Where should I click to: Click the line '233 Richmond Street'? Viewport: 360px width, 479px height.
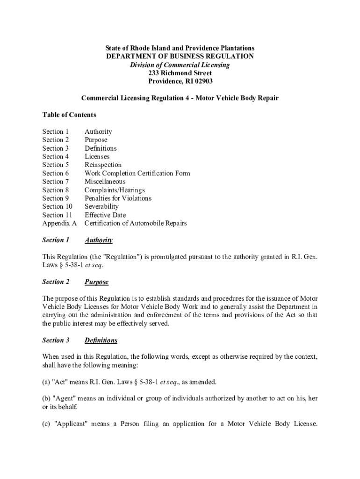pyautogui.click(x=180, y=73)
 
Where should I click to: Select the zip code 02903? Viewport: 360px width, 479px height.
pyautogui.click(x=201, y=81)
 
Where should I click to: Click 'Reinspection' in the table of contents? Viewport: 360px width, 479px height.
pyautogui.click(x=103, y=165)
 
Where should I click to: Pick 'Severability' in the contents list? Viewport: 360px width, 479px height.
pyautogui.click(x=101, y=206)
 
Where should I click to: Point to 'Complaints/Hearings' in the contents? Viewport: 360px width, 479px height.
pyautogui.click(x=115, y=190)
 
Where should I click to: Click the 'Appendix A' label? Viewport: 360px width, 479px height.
pyautogui.click(x=59, y=223)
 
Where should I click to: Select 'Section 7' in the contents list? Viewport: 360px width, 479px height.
pyautogui.click(x=56, y=181)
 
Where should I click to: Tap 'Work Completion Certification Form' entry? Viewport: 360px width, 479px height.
pyautogui.click(x=137, y=173)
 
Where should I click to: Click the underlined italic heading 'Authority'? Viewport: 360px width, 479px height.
pyautogui.click(x=98, y=240)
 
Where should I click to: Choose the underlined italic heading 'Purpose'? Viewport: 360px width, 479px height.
pyautogui.click(x=96, y=282)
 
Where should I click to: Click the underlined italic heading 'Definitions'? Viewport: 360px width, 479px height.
pyautogui.click(x=101, y=340)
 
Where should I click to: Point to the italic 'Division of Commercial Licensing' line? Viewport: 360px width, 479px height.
pyautogui.click(x=180, y=65)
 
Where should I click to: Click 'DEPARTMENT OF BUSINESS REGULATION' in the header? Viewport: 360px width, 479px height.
pyautogui.click(x=180, y=56)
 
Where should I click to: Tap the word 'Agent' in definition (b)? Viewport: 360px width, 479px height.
pyautogui.click(x=64, y=399)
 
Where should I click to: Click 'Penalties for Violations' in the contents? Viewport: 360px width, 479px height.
pyautogui.click(x=118, y=198)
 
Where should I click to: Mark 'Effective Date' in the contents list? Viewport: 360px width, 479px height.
pyautogui.click(x=105, y=215)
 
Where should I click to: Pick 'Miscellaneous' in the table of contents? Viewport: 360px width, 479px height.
pyautogui.click(x=105, y=181)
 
